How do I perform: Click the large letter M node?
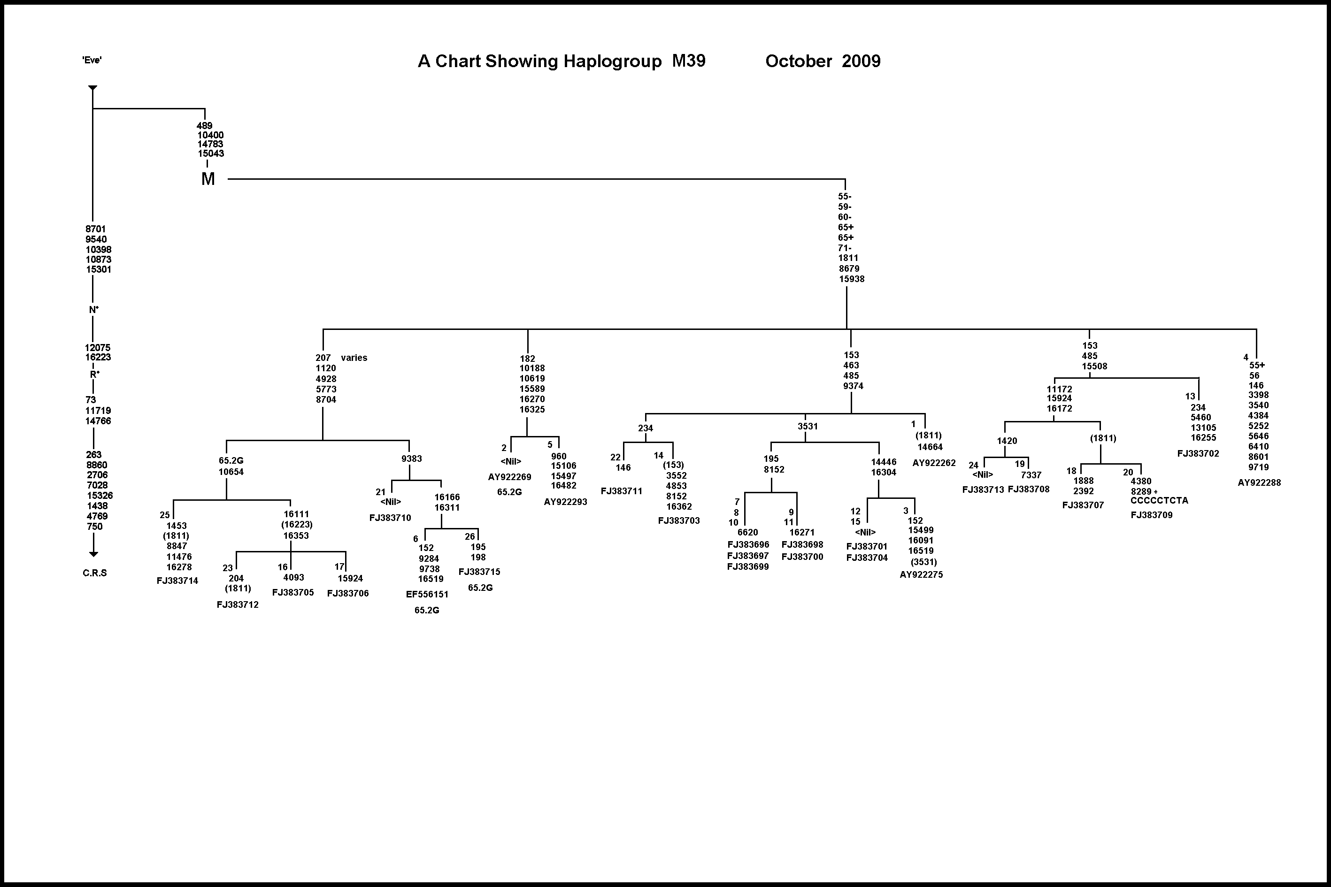pos(208,179)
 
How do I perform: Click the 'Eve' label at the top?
pos(92,60)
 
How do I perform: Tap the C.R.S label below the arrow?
pos(94,573)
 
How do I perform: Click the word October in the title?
pos(799,61)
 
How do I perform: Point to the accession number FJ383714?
pos(177,581)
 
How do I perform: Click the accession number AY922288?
pos(1259,482)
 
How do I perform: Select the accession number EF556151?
pos(427,595)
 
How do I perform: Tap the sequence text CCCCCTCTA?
pos(1159,501)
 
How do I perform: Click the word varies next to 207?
pos(354,358)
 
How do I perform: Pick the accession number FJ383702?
pos(1198,454)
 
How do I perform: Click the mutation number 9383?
pos(411,459)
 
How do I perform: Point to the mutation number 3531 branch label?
pos(808,427)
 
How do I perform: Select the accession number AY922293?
pos(565,502)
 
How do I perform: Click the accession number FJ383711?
pos(621,491)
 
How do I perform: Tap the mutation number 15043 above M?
pos(210,153)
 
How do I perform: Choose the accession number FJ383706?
pos(347,593)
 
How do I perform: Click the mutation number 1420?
pos(1007,441)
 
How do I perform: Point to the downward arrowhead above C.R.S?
pos(93,554)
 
